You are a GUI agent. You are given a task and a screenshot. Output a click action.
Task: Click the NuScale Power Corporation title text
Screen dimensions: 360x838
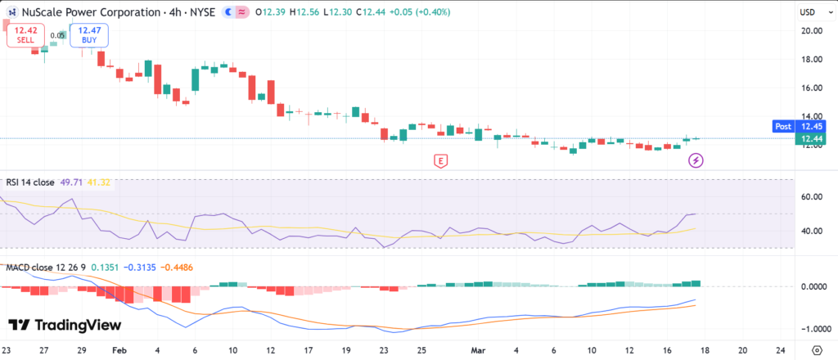(87, 11)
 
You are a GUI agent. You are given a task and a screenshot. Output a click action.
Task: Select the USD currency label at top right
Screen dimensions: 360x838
(809, 11)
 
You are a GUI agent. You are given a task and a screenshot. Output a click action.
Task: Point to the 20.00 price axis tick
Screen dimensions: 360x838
(811, 30)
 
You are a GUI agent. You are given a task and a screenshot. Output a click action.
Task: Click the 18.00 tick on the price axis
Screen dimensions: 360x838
(811, 59)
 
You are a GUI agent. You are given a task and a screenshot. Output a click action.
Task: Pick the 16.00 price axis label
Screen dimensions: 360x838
(811, 88)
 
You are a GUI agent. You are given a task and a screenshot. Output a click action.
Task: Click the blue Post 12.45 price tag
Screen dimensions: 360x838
(799, 126)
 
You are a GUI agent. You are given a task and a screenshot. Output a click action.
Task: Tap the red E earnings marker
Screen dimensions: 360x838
(441, 160)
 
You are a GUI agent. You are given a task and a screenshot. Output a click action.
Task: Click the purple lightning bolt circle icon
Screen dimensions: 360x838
(696, 160)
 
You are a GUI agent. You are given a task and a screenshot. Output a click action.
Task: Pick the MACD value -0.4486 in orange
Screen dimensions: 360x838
(178, 267)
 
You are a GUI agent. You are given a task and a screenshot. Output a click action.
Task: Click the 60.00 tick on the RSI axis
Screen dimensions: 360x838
(811, 196)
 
